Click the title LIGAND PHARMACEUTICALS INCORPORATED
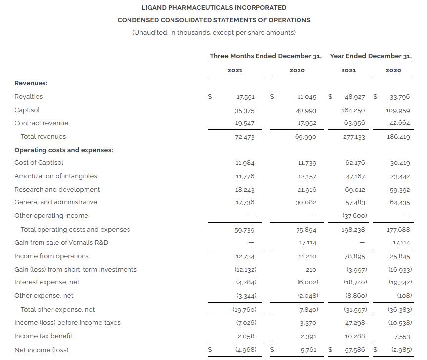pyautogui.click(x=213, y=8)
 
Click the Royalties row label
pyautogui.click(x=29, y=97)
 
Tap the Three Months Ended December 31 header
pyautogui.click(x=265, y=56)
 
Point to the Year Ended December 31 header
pyautogui.click(x=371, y=56)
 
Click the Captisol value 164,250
pyautogui.click(x=353, y=110)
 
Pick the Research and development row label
pyautogui.click(x=57, y=189)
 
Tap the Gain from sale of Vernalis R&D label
pyautogui.click(x=61, y=242)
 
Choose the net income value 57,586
pyautogui.click(x=355, y=350)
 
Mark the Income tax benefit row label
pyautogui.click(x=43, y=336)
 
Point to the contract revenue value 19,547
pyautogui.click(x=245, y=123)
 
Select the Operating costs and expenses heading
pyautogui.click(x=64, y=150)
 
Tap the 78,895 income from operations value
pyautogui.click(x=355, y=256)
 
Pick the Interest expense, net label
pyautogui.click(x=47, y=282)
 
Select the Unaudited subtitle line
pyautogui.click(x=213, y=33)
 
